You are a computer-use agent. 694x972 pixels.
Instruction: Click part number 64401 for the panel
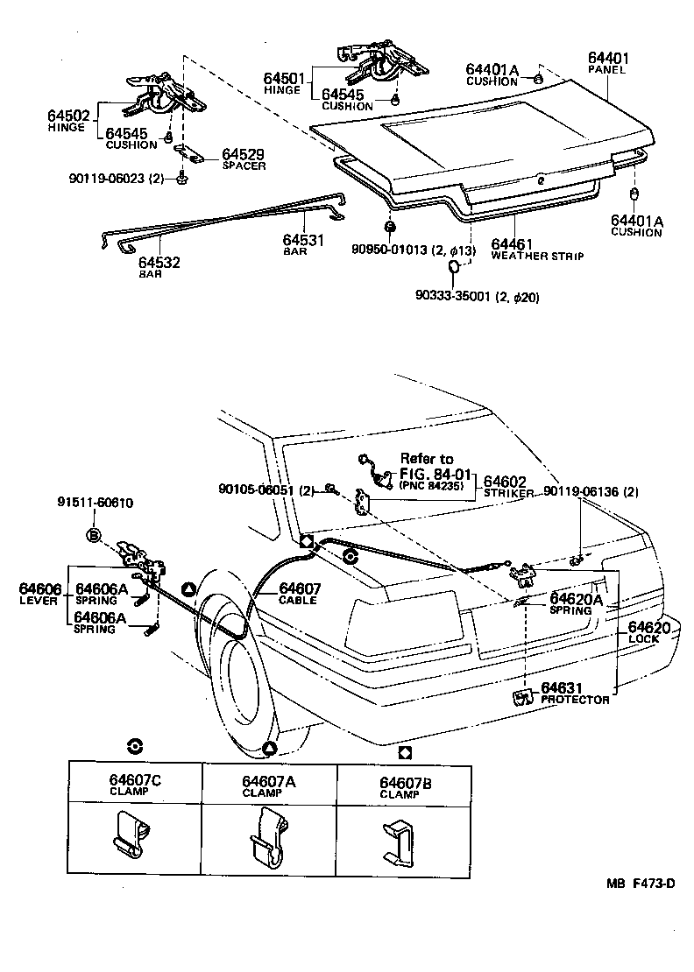click(x=608, y=59)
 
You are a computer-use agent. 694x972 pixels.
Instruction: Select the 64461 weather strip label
click(x=512, y=244)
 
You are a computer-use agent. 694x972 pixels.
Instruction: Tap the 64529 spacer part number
click(x=243, y=153)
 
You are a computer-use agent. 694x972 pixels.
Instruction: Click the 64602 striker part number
click(x=505, y=482)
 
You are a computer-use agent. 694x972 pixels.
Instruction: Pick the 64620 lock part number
click(x=649, y=628)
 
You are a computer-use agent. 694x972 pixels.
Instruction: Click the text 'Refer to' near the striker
click(x=427, y=458)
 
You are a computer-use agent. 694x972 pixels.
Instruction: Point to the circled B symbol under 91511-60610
click(x=93, y=535)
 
